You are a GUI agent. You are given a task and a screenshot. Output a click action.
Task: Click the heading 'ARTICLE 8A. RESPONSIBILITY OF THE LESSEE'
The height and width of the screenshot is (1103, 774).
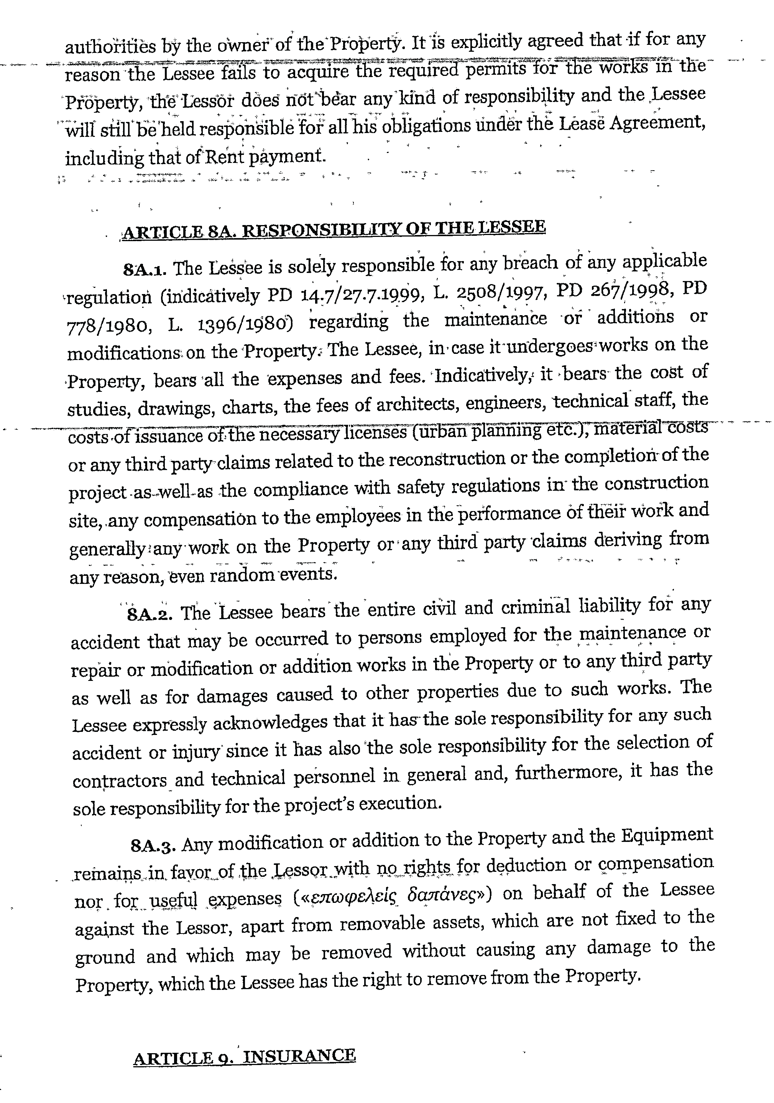(334, 228)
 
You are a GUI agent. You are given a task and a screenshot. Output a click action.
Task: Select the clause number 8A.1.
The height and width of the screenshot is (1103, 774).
(145, 270)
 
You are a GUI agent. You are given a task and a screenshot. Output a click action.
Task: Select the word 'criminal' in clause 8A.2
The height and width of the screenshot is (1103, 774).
(535, 607)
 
